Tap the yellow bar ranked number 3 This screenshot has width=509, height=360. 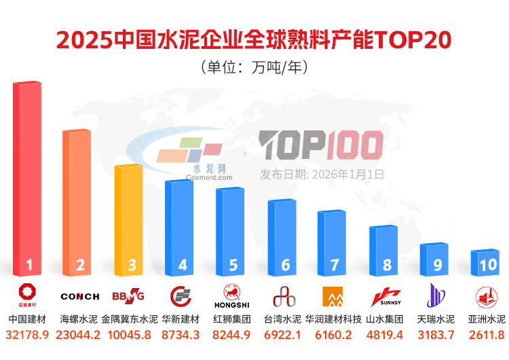point(128,217)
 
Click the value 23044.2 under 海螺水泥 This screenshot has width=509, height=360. point(79,335)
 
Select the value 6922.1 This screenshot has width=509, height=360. point(284,335)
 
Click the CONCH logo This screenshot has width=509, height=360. point(79,296)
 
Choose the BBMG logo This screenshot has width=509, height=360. point(128,296)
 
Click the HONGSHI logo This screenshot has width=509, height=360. point(231,296)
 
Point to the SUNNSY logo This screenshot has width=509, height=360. point(385,296)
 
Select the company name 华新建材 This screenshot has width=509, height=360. point(181,319)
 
